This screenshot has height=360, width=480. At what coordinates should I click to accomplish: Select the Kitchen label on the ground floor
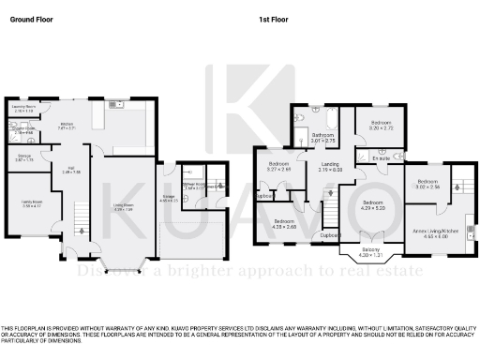point(67,125)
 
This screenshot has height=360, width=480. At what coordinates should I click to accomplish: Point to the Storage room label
point(24,159)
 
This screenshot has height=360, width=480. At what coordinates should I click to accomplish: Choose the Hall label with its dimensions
point(71,171)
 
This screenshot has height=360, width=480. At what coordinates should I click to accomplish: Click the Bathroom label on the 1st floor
point(323,137)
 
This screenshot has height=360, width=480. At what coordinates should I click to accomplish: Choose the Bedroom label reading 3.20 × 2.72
point(380,125)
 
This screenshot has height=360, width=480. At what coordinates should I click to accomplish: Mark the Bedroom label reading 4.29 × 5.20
point(373,203)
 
